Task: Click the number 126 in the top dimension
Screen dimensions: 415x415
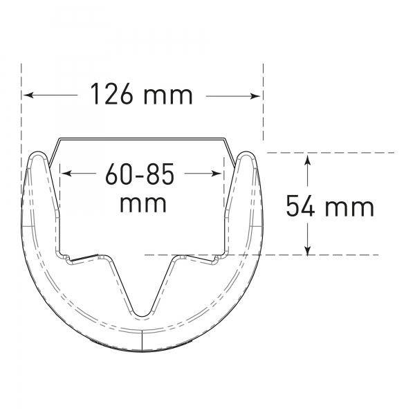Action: point(111,94)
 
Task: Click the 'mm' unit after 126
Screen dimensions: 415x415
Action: point(167,96)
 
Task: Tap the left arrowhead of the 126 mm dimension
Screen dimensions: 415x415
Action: point(28,95)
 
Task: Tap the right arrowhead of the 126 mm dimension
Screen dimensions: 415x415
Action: point(255,96)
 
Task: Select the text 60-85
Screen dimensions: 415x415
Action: point(140,174)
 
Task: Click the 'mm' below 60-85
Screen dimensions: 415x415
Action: point(143,203)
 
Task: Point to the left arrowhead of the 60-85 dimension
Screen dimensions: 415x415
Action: point(66,174)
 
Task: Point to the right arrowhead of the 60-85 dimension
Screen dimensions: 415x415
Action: point(215,174)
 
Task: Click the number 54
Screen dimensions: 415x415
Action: point(301,205)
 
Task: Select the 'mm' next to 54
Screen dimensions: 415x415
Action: point(349,208)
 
